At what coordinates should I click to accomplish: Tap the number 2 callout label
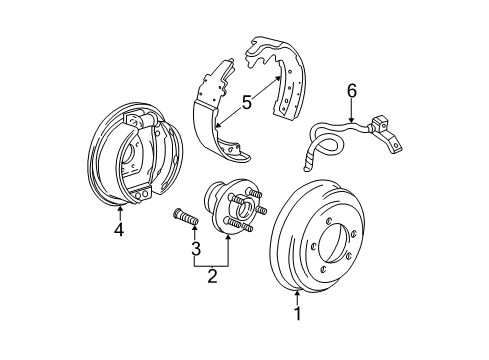(212, 277)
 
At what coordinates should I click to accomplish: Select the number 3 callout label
(196, 248)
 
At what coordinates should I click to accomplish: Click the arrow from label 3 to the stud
(196, 233)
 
